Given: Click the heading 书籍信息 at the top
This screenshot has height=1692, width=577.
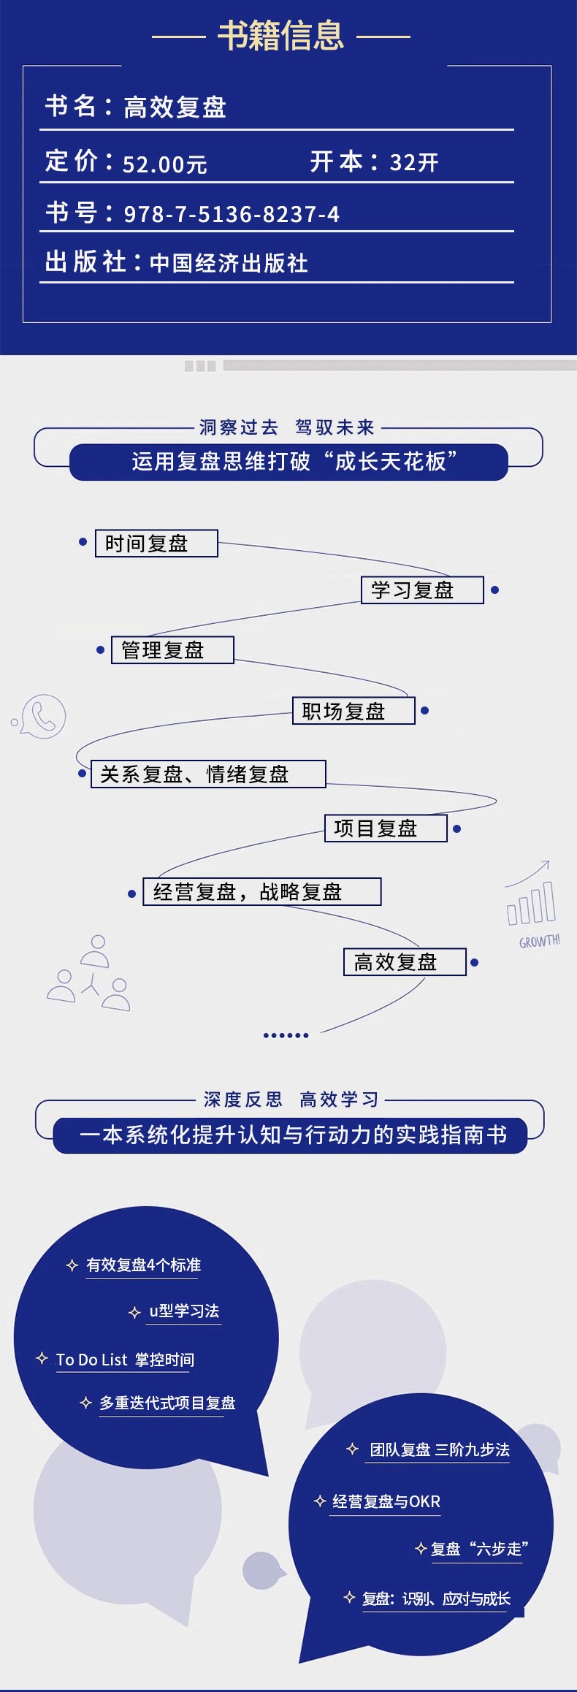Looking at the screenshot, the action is [x=280, y=35].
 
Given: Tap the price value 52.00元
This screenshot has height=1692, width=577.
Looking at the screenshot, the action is [x=165, y=164].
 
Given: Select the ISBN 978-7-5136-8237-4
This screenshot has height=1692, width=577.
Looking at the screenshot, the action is [x=232, y=214].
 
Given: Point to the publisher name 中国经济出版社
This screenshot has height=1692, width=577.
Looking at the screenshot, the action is [x=229, y=263].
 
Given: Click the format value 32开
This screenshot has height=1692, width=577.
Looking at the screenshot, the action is [x=414, y=162].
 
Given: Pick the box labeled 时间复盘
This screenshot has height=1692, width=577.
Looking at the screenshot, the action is [x=156, y=544].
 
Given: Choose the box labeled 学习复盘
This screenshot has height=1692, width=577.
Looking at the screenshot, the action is [x=422, y=590].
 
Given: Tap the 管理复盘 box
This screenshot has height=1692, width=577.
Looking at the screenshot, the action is [x=172, y=650].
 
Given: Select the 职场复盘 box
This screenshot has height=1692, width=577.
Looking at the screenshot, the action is [x=354, y=711].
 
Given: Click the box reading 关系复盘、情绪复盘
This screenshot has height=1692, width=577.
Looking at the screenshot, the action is [x=208, y=774].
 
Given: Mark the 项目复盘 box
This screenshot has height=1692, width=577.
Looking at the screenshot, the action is [x=386, y=828].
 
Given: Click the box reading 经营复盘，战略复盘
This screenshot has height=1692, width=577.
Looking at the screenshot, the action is [x=262, y=892].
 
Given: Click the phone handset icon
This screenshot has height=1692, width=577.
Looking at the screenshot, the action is [x=43, y=716].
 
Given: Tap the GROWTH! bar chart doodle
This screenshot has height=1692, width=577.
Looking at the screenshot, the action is [x=532, y=906].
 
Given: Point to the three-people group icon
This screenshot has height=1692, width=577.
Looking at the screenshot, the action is [x=90, y=974].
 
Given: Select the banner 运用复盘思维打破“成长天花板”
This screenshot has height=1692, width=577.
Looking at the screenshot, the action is [x=288, y=462].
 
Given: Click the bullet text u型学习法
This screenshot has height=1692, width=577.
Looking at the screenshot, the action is [x=184, y=1311].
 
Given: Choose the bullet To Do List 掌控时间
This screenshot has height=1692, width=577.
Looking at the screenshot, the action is [x=125, y=1360].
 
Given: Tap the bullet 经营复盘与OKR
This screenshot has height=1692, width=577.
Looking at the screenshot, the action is [x=386, y=1501].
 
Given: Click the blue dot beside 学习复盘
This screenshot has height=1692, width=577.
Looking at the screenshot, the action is [x=494, y=590].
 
